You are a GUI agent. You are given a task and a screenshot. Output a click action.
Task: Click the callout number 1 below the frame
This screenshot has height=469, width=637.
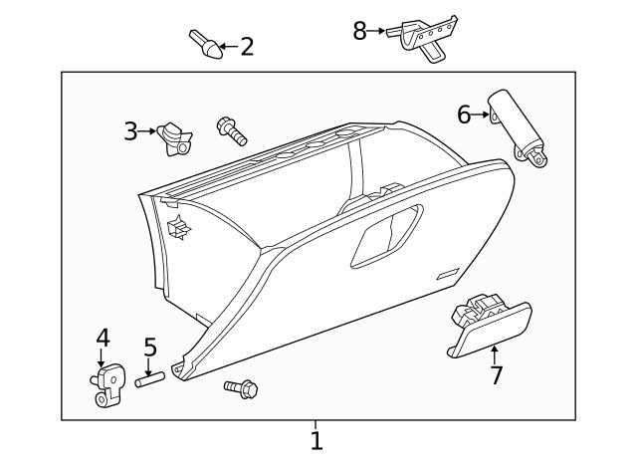pos(317,440)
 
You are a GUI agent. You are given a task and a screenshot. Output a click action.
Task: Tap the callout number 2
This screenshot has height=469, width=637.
pos(247,47)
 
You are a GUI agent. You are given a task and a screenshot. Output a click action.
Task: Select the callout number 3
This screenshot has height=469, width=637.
pos(130,131)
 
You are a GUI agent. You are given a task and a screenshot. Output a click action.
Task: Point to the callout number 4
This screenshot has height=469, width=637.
pos(103,338)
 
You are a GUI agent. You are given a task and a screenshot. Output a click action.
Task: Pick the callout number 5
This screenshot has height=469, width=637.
pos(150,348)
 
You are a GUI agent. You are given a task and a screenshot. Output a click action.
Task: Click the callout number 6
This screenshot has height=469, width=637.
pos(464,115)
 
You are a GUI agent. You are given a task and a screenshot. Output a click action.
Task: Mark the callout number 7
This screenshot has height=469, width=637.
pos(496,375)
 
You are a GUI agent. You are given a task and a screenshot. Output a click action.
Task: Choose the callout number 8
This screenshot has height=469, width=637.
pos(359,31)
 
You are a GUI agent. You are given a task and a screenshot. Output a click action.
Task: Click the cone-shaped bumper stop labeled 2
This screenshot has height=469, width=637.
pos(206,44)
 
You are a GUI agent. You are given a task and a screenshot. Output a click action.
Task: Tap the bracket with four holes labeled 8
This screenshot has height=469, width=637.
pos(422,38)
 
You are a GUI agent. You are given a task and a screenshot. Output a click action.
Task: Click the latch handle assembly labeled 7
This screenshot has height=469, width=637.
pos(489,327)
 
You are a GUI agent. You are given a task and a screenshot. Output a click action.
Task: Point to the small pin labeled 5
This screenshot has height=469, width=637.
pos(149,380)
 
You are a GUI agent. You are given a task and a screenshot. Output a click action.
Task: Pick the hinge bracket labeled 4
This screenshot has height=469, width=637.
pos(108,384)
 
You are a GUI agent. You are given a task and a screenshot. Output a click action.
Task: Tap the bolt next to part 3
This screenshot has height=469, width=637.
pos(232,130)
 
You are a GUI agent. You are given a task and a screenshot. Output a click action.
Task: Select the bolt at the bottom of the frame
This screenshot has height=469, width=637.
pos(241,389)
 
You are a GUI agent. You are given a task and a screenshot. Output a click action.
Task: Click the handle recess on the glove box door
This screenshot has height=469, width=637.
pos(387,237)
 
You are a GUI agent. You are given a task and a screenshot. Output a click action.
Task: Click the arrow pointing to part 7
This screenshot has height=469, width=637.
pos(495,354)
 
